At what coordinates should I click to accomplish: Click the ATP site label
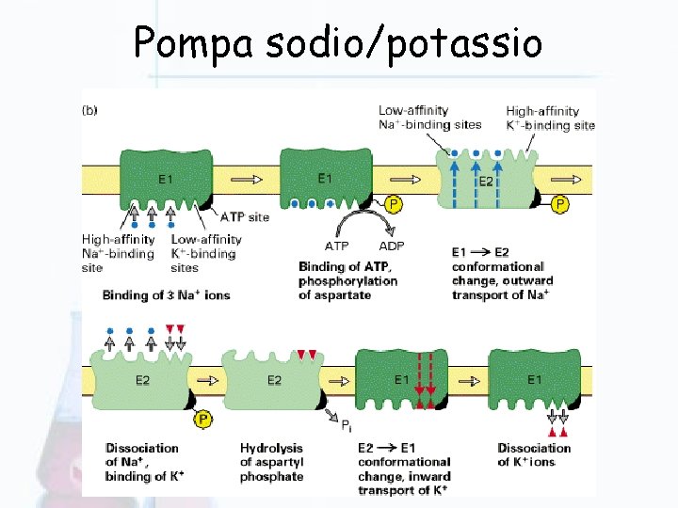(245, 216)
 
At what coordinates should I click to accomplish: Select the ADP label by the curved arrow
(391, 246)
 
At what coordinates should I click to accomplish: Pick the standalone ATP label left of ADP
(336, 246)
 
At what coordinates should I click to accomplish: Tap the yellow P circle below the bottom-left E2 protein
(202, 418)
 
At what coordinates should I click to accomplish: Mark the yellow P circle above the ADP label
(394, 203)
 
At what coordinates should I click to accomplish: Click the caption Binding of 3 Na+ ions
(167, 294)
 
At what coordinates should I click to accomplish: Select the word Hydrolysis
(272, 448)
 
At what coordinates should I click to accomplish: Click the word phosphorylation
(347, 280)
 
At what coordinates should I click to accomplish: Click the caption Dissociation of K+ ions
(534, 454)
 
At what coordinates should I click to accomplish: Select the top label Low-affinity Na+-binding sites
(429, 118)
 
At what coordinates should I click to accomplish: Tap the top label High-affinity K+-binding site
(550, 118)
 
